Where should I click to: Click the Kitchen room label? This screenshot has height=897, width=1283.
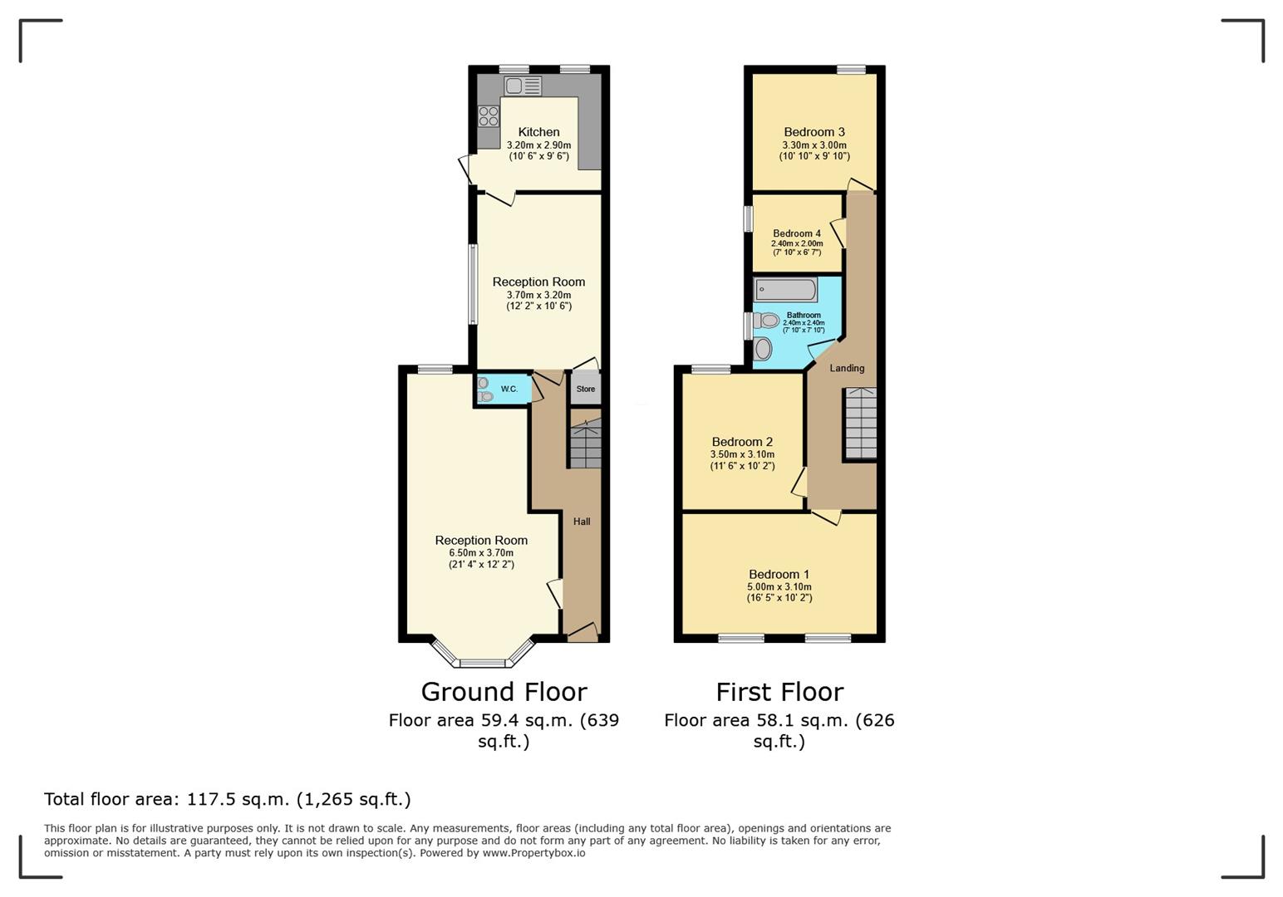[538, 132]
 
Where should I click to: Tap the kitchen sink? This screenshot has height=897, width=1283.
[523, 86]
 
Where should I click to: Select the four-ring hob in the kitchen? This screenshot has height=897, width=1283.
[489, 116]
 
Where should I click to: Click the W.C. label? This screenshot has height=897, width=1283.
[509, 390]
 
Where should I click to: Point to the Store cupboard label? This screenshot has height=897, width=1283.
[585, 390]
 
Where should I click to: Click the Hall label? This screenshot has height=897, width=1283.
[582, 522]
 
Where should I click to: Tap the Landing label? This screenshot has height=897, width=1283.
[847, 368]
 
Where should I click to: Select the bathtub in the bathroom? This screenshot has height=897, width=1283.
[785, 290]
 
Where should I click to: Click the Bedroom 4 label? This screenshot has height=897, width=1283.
[797, 233]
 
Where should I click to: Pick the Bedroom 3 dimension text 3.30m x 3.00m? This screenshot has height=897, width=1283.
[814, 145]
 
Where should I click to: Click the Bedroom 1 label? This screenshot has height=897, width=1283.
[779, 574]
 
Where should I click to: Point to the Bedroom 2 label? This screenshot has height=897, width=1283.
[742, 442]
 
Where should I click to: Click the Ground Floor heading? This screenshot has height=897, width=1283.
[504, 692]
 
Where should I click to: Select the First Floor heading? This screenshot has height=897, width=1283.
[779, 692]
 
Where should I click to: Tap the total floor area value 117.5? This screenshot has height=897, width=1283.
[210, 799]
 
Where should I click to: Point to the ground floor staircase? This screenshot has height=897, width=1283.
[585, 443]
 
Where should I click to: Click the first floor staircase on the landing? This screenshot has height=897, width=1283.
[861, 424]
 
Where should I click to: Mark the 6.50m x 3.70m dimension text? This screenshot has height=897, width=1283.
[481, 553]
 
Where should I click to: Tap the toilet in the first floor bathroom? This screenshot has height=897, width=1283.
[766, 321]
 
